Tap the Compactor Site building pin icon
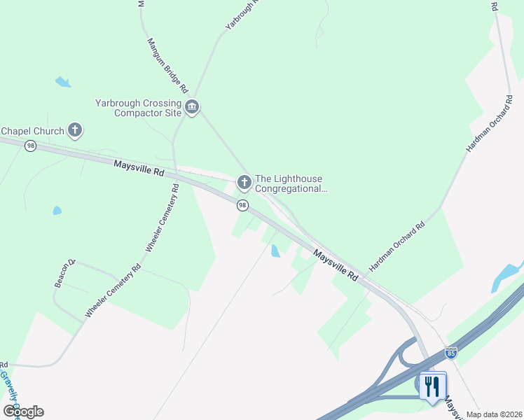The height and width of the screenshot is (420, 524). tap(192, 107)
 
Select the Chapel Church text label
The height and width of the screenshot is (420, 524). tap(32, 131)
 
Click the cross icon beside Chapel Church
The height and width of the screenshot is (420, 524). tap(75, 130)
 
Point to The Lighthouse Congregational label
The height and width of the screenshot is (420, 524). tap(291, 183)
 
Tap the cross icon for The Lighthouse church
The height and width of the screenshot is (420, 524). tap(244, 183)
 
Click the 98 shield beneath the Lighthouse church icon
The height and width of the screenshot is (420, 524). tap(242, 205)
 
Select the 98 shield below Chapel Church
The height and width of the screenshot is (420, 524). tap(30, 146)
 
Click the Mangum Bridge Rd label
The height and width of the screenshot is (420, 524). tap(167, 66)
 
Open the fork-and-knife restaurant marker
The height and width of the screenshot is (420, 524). tap(432, 385)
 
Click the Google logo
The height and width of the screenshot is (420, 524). tap(23, 411)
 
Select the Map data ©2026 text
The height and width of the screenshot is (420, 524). tap(494, 414)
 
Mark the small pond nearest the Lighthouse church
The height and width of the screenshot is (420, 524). tap(275, 251)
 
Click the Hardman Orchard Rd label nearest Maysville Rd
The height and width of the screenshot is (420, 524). tap(397, 247)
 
